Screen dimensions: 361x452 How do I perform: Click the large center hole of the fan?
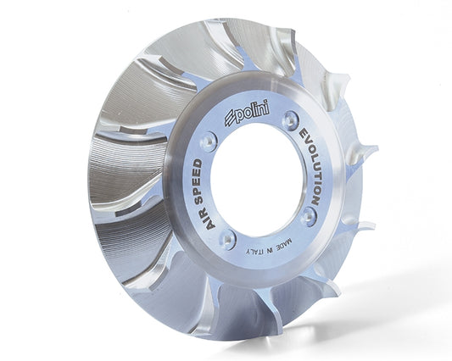pos(258,183)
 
